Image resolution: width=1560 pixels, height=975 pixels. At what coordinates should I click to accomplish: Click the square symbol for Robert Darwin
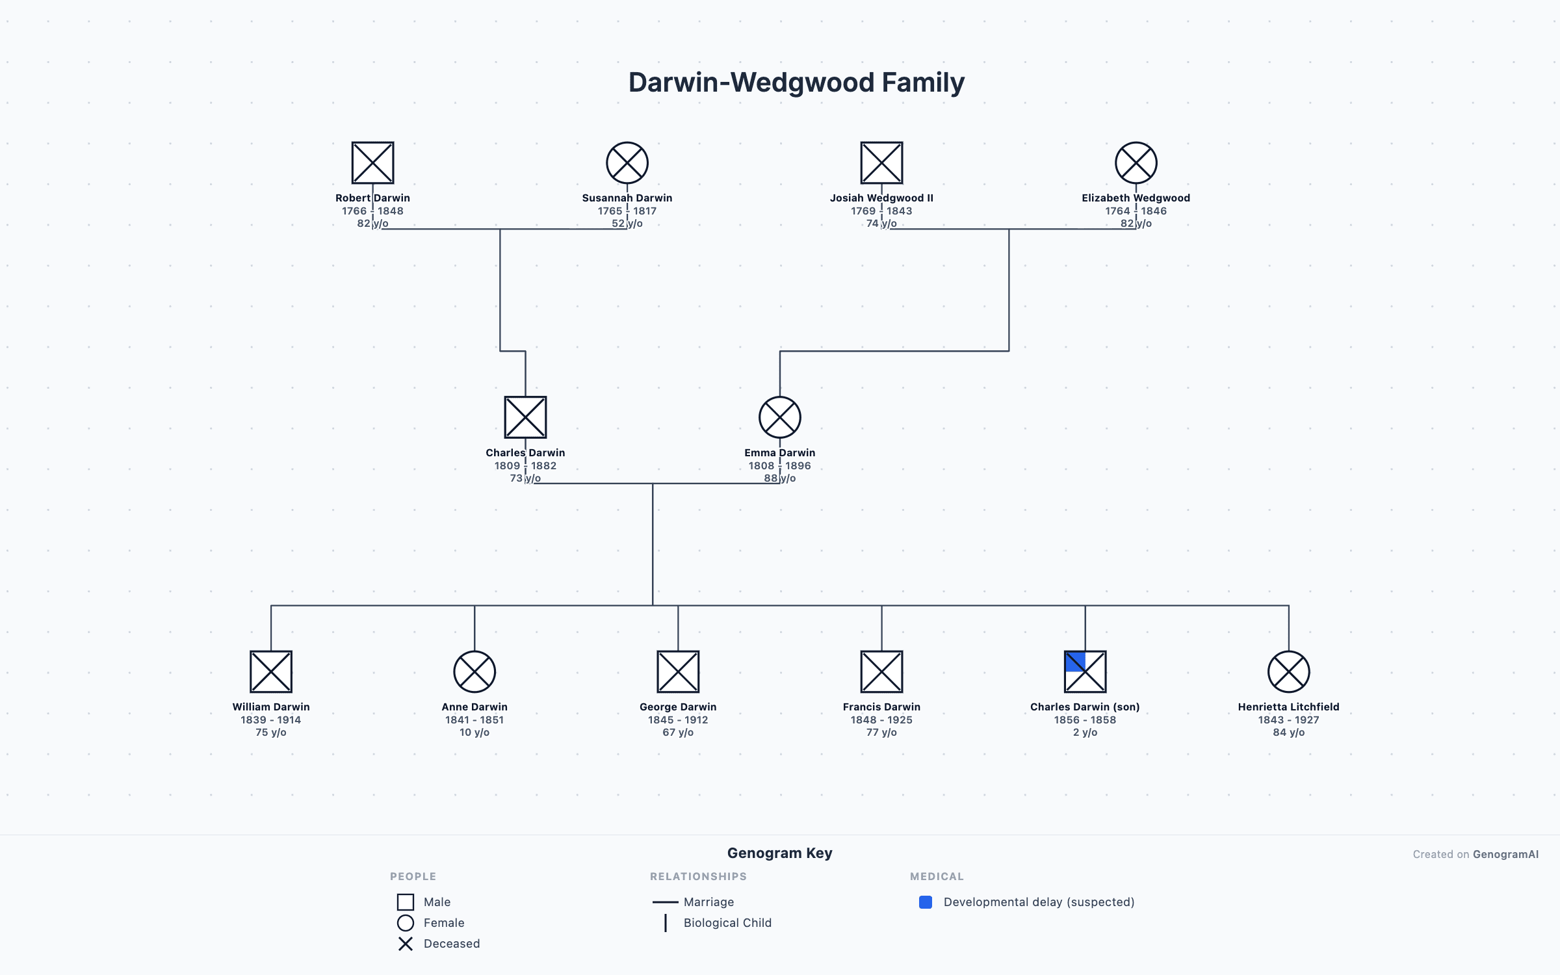pos(372,162)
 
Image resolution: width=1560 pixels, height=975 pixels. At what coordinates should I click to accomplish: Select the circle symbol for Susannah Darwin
pos(627,162)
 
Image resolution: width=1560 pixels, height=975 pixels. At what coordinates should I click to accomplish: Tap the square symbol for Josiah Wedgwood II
pos(881,162)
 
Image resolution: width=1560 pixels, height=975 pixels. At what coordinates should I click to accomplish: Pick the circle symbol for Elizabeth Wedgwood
pos(1136,162)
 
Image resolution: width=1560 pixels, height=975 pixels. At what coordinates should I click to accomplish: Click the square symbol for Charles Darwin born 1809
pos(525,417)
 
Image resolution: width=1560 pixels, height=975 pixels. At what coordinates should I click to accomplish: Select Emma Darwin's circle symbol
pos(779,417)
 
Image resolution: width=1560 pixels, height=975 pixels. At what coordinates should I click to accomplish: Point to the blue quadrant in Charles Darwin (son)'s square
pos(1075,662)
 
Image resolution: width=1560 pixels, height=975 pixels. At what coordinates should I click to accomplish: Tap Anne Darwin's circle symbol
pos(474,671)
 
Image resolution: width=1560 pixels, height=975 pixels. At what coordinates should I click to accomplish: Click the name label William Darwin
pos(271,707)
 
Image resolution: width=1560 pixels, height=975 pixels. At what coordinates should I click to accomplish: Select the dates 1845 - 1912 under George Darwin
pos(678,720)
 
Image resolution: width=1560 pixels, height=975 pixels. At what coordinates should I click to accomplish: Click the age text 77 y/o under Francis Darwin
pos(881,732)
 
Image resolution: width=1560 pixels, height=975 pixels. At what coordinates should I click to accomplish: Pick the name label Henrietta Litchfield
pos(1288,707)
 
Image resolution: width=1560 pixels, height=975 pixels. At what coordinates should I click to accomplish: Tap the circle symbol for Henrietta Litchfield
pos(1288,671)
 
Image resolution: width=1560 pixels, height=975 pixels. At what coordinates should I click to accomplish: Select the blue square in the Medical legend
pos(926,902)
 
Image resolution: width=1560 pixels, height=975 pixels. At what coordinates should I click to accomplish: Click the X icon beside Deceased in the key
pos(406,944)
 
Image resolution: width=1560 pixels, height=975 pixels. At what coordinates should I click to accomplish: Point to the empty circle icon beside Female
pos(406,923)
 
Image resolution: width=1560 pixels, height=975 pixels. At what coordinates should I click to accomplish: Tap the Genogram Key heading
pos(779,853)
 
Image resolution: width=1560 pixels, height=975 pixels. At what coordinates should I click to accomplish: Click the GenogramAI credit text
pos(1505,854)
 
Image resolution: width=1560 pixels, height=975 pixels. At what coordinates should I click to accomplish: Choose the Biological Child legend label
pos(727,923)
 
